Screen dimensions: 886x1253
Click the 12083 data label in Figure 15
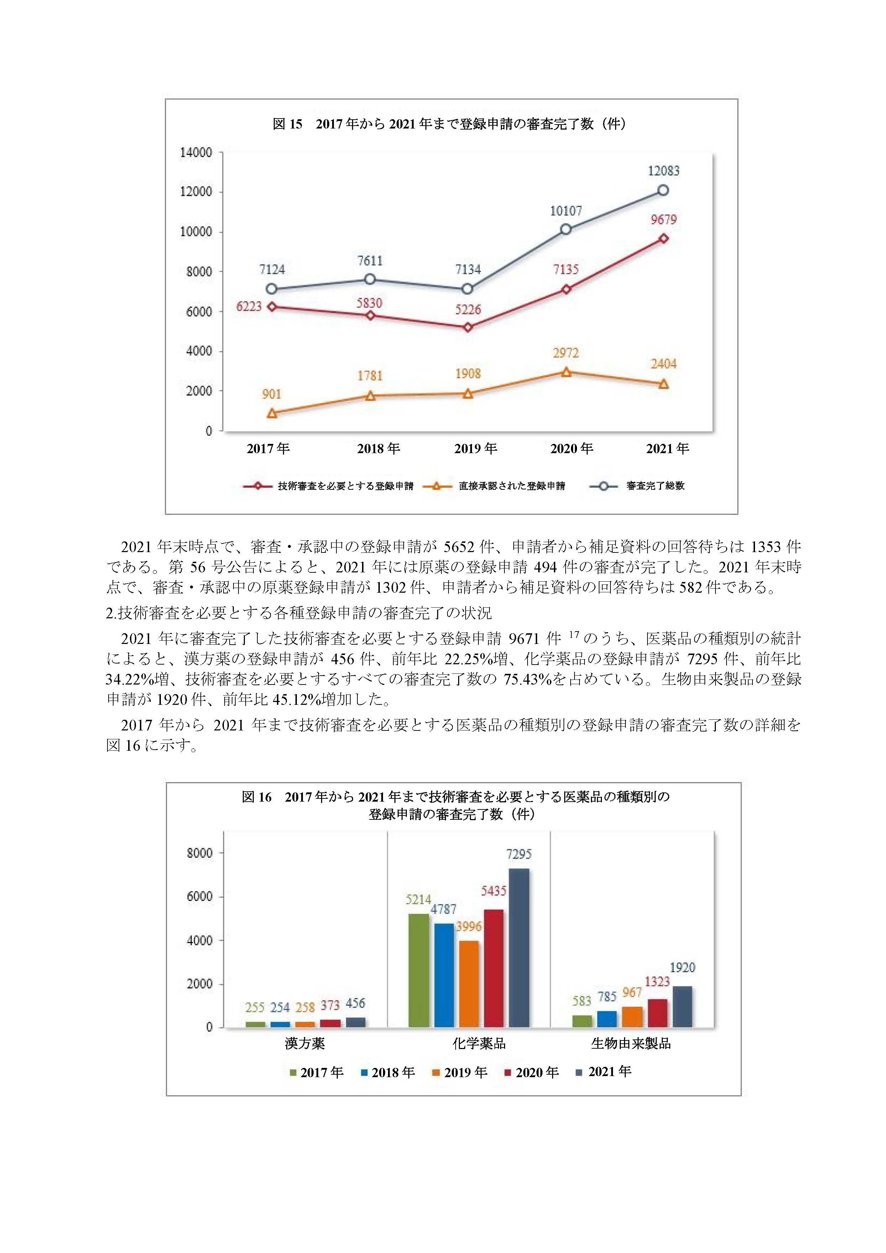pos(664,171)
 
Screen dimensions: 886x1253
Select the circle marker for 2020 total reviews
pos(566,229)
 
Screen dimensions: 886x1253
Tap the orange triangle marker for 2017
pos(272,413)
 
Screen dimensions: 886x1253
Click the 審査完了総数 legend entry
pos(637,486)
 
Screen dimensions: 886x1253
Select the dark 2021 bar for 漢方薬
pos(356,1023)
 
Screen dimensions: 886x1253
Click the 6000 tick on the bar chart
pos(200,897)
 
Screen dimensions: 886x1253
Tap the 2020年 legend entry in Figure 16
pos(532,1073)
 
